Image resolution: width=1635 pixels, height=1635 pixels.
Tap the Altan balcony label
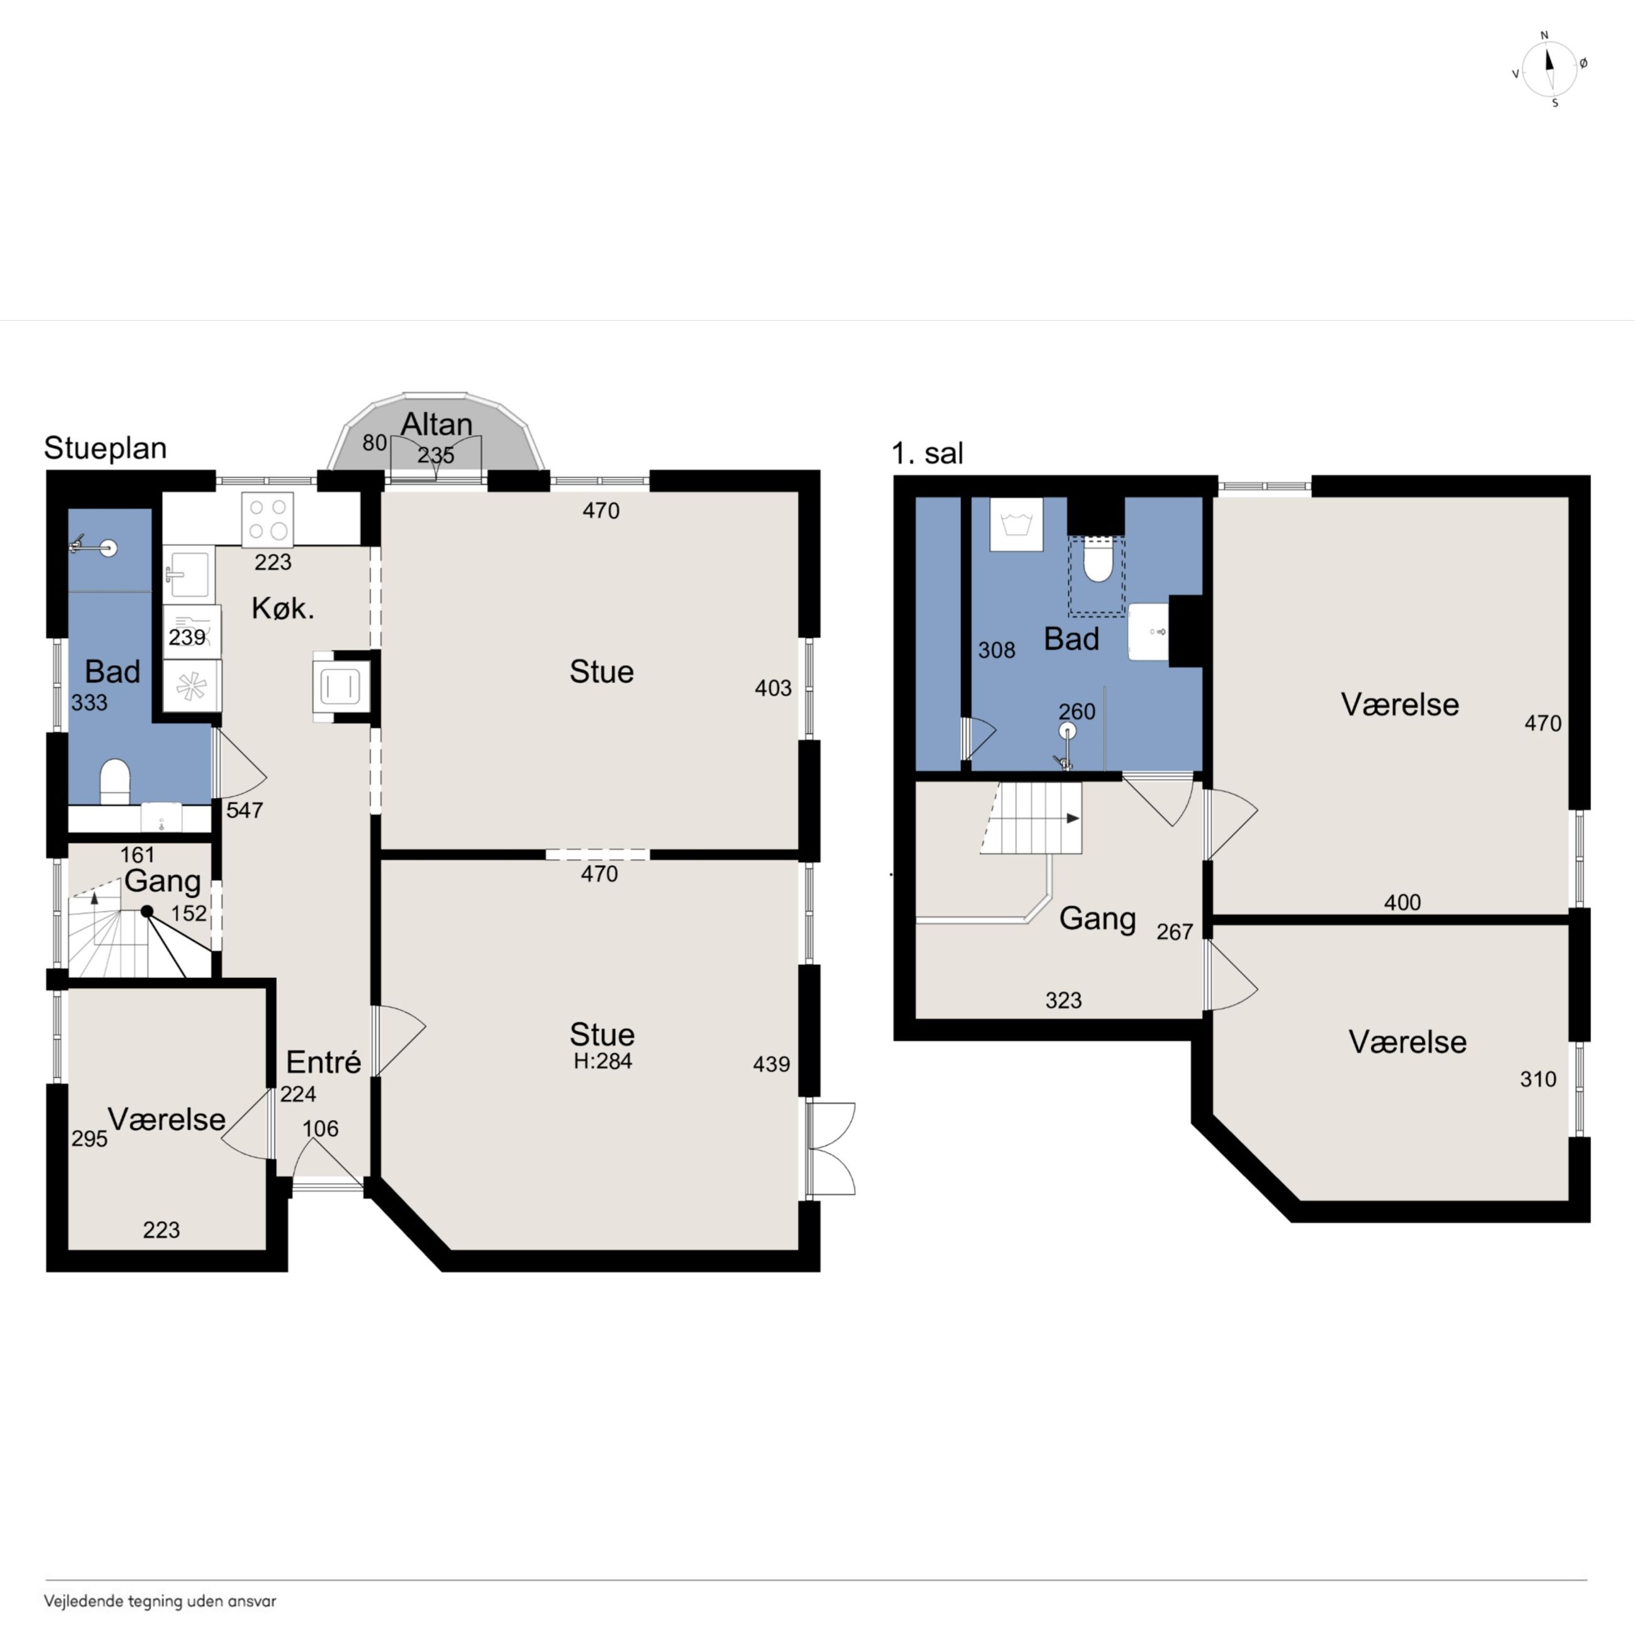(436, 423)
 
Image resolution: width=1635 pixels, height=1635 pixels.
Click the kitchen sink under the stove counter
(188, 573)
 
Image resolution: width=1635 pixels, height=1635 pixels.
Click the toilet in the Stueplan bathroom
(115, 780)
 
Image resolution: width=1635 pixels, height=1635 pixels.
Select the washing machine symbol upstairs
(1016, 524)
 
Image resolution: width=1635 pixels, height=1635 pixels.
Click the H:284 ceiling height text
(602, 1061)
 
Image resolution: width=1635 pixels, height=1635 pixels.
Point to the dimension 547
(245, 810)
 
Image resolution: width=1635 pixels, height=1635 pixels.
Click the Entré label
(323, 1061)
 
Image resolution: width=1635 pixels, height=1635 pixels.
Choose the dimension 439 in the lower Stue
(772, 1064)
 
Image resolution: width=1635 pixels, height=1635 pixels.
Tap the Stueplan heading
(105, 448)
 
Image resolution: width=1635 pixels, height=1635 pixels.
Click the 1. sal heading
(928, 453)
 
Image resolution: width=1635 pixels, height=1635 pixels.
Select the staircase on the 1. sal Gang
(1031, 817)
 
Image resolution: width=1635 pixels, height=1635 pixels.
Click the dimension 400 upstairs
(1402, 902)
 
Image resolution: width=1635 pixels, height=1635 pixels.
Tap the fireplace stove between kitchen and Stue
(340, 686)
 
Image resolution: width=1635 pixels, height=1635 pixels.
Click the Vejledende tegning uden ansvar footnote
(160, 1601)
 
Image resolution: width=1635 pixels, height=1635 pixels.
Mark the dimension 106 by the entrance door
(320, 1128)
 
